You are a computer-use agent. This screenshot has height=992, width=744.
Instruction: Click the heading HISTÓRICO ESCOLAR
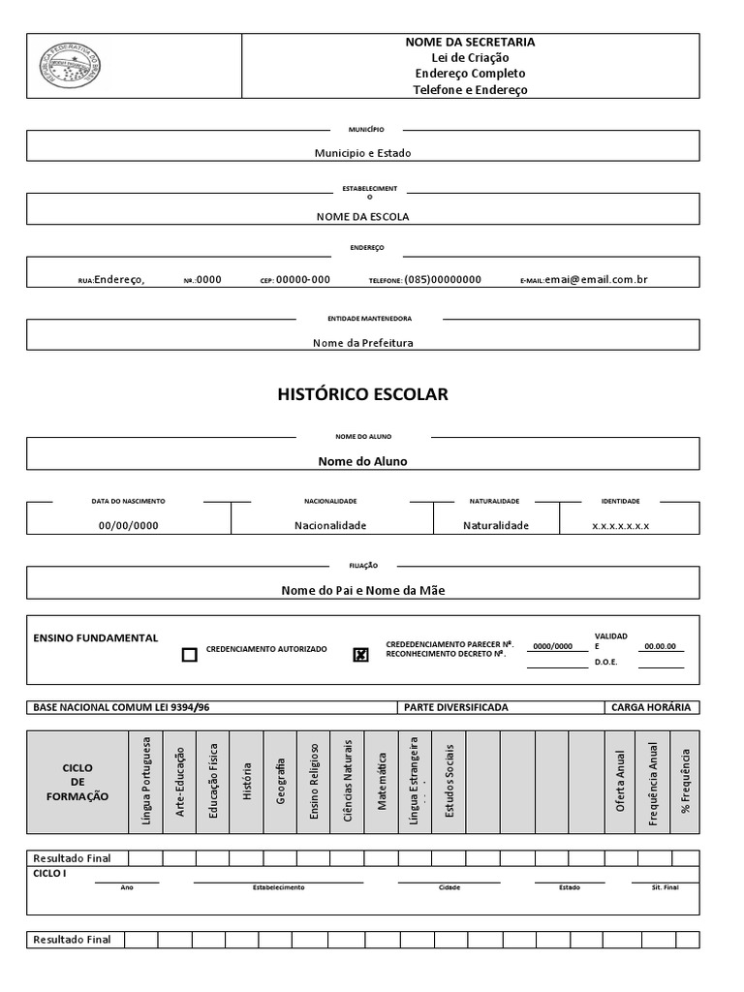(362, 394)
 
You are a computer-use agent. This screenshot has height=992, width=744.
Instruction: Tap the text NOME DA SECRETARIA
(470, 43)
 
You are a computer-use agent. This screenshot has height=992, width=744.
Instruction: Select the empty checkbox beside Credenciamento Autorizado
(190, 655)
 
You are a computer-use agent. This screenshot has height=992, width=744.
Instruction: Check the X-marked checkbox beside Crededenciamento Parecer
(361, 655)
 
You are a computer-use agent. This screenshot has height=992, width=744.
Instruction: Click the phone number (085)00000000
(443, 279)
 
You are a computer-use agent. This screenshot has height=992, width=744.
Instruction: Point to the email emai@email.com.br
(596, 279)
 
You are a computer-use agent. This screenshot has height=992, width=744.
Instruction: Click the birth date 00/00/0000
(129, 525)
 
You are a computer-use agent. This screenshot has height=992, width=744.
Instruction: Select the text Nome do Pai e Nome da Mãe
(362, 590)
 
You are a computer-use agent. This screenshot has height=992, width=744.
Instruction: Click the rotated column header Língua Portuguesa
(146, 782)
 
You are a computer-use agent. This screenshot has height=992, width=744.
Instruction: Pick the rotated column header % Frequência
(685, 782)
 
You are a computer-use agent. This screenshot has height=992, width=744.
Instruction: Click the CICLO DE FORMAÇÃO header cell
(77, 782)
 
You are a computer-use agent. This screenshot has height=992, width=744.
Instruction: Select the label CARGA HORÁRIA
(651, 707)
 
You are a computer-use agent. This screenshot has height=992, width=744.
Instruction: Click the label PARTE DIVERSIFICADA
(456, 707)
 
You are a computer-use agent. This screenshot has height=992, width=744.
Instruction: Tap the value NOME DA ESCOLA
(362, 216)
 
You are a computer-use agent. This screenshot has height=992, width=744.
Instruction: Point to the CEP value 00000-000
(302, 279)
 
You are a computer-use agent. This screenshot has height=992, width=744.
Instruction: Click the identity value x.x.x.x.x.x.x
(620, 525)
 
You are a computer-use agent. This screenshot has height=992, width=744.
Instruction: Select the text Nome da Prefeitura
(362, 342)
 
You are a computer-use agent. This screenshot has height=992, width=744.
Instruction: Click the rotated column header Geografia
(281, 782)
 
